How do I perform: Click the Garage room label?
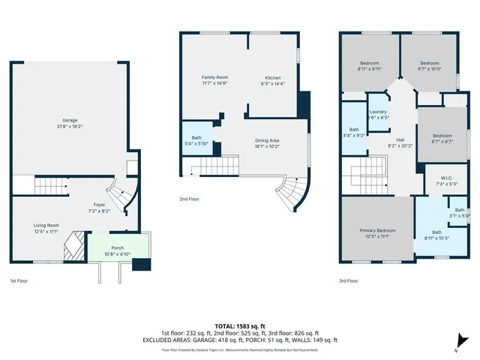point(70,123)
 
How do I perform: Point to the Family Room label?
point(214,80)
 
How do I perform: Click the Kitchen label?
point(273,80)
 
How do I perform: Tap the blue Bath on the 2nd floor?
point(196,140)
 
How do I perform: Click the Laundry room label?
point(378,114)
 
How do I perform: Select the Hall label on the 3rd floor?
point(400,142)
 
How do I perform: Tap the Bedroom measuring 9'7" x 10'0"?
point(429,66)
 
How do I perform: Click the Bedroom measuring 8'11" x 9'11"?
point(369,66)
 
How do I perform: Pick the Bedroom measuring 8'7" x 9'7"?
point(442,139)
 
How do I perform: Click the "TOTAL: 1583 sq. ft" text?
point(240,326)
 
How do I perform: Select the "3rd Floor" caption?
point(348,281)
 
